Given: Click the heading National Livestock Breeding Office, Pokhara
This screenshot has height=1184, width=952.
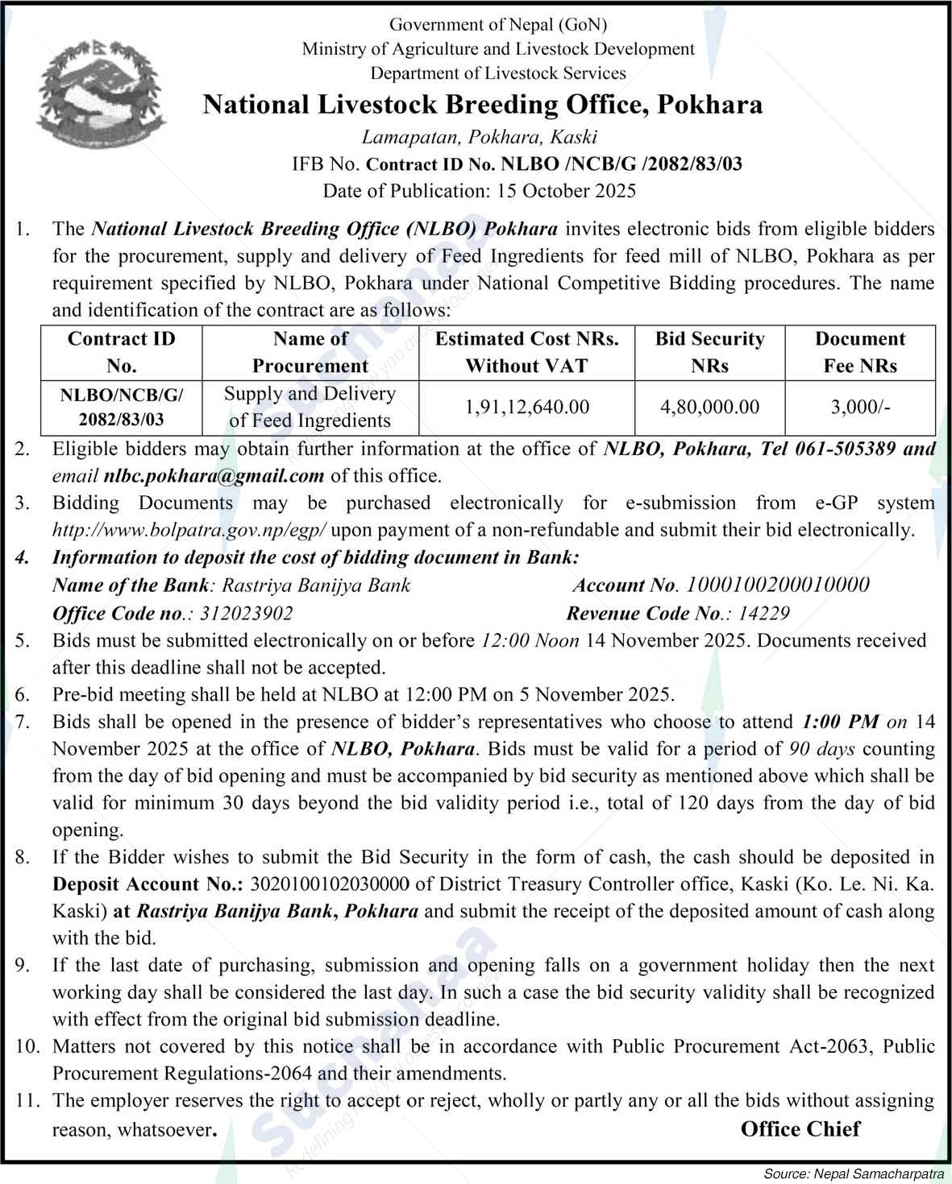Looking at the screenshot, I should point(482,105).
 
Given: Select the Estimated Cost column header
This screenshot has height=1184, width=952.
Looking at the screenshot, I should point(526,352).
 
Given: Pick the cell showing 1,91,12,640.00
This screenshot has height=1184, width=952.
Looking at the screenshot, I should point(526,407).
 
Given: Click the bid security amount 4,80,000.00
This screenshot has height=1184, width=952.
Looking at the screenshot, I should point(709,407).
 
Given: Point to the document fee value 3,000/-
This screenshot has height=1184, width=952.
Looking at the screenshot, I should point(860,407).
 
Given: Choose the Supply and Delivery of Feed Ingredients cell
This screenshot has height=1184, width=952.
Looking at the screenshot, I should point(310,407).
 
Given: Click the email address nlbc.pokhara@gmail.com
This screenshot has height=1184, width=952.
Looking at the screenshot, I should point(214,476).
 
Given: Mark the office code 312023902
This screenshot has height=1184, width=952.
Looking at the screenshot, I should point(246,613).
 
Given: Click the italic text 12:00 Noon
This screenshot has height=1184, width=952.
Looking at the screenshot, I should point(530,640).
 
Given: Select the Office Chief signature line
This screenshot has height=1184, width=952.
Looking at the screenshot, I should point(800,1128).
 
